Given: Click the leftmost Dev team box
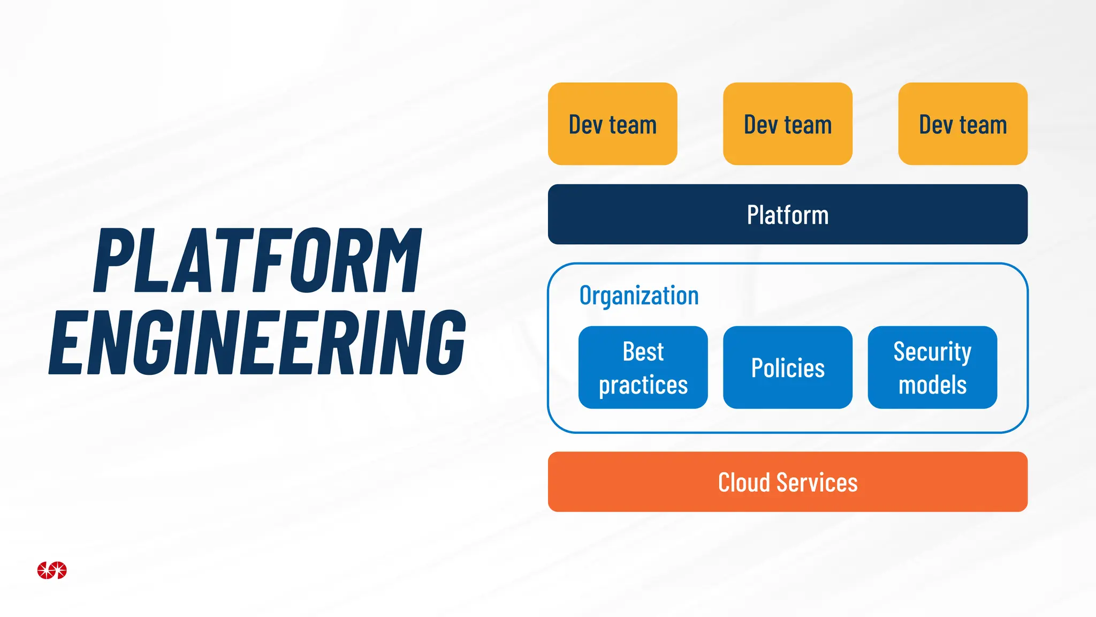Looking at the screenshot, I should (612, 124).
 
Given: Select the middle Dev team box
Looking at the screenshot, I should (787, 124).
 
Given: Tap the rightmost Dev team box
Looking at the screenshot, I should (962, 124).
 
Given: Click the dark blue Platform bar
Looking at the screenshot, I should (787, 215).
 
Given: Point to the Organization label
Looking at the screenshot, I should (639, 296).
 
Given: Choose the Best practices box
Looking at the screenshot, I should (643, 367).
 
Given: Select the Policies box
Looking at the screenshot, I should (787, 367).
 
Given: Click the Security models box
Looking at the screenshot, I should (932, 367).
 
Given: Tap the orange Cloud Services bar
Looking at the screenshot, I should (787, 482).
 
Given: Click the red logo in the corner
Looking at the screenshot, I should (52, 570).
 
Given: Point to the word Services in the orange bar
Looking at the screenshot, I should (817, 483).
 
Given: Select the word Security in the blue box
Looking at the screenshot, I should (932, 352).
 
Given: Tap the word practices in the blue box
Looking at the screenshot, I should (643, 385).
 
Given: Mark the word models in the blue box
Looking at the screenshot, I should (932, 385).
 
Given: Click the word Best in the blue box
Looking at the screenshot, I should (643, 351).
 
